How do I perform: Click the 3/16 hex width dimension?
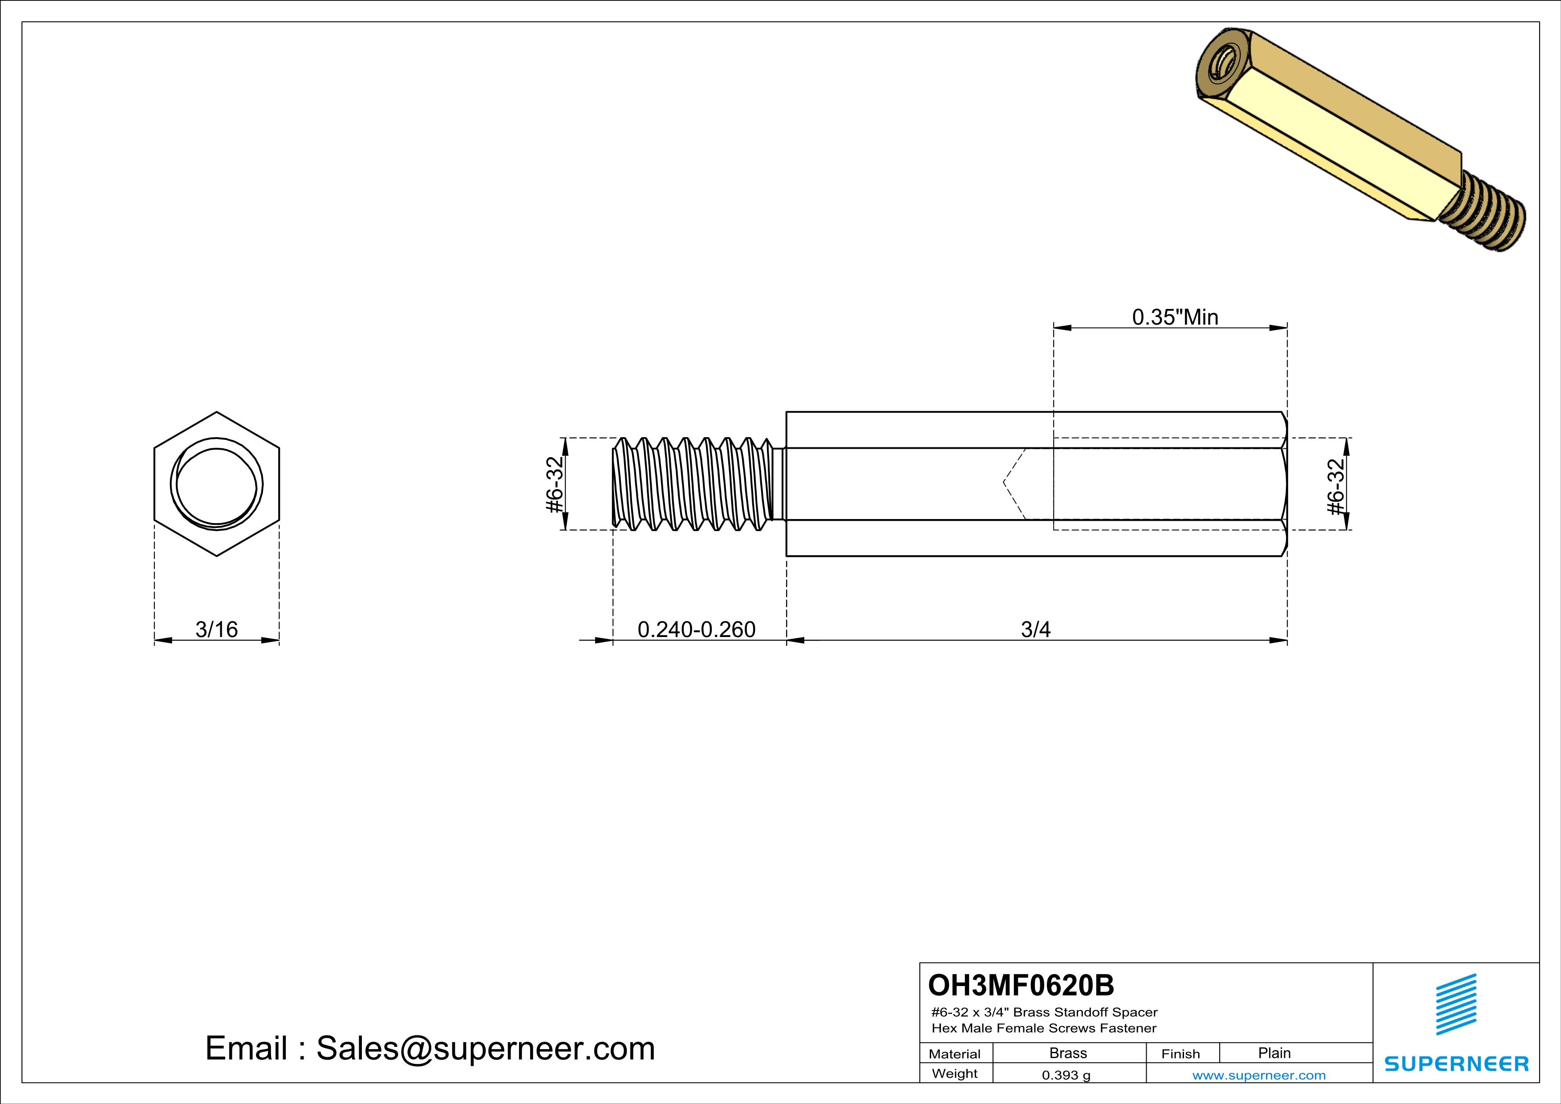216,629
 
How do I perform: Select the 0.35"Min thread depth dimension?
1174,317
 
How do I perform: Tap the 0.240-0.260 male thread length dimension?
696,629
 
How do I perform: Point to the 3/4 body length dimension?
1035,629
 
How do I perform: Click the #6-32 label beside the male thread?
555,484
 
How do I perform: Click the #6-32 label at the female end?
1336,487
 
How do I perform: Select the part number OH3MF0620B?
1021,985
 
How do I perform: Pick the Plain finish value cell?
1273,1053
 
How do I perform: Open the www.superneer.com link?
1258,1075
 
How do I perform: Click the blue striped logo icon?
1456,1004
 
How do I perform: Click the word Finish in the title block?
1180,1054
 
